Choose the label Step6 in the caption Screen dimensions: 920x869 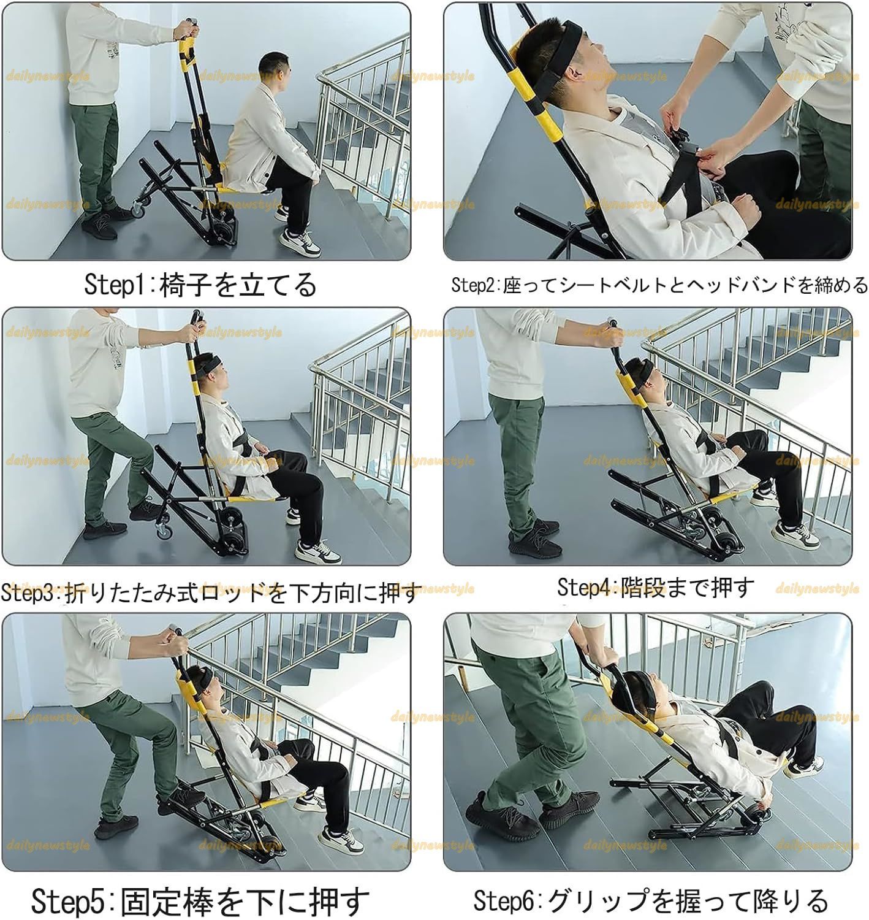point(506,901)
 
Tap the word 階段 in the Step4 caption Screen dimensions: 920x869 point(643,588)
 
